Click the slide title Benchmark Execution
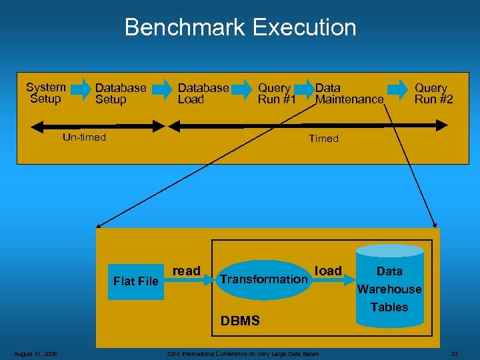point(240,27)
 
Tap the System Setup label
point(45,93)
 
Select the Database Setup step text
point(120,93)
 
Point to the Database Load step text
point(203,93)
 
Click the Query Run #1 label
point(276,93)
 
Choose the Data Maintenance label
point(349,93)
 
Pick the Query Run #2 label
point(433,93)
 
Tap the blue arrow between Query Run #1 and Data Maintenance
point(305,88)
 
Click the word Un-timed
point(84,138)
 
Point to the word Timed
point(323,139)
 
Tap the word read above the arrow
point(186,271)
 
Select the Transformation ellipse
point(263,279)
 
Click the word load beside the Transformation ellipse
point(328,271)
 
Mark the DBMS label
point(240,321)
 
